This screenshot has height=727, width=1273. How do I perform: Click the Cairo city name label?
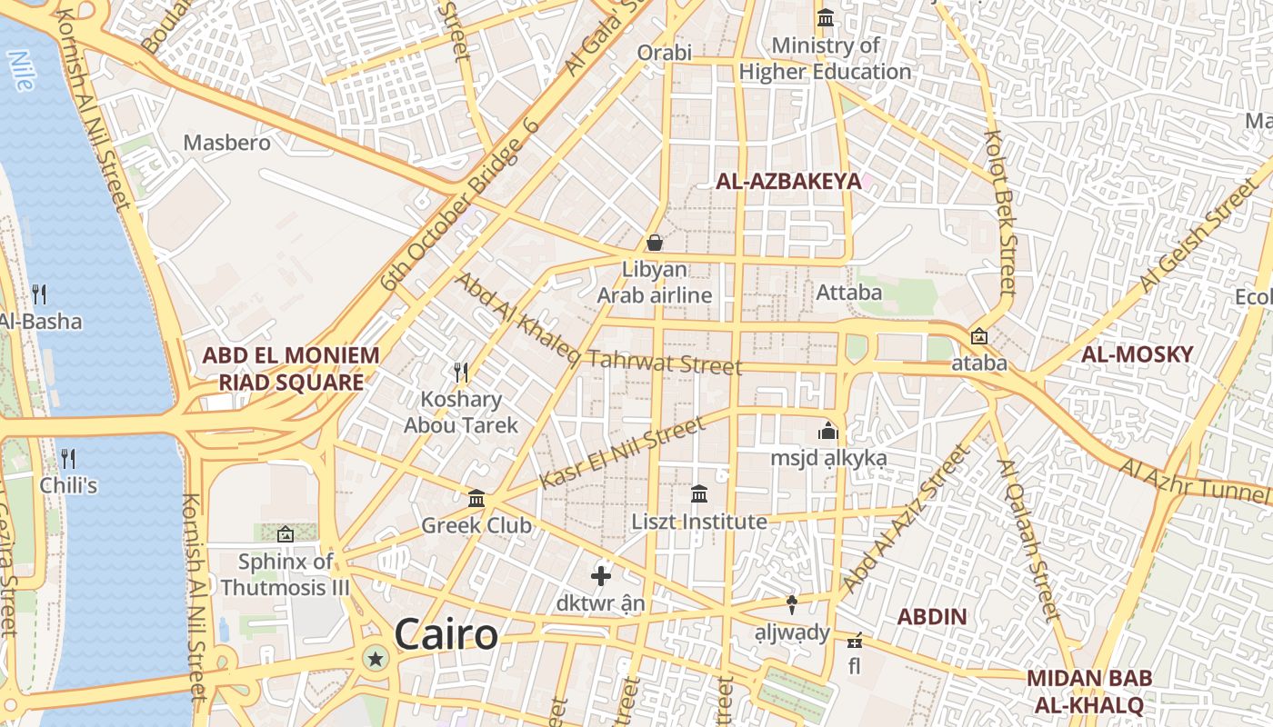tap(446, 634)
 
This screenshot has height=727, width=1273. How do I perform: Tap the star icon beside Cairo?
tap(375, 659)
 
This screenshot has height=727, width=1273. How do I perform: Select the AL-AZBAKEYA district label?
tap(788, 181)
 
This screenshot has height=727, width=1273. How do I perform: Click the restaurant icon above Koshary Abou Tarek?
tap(461, 372)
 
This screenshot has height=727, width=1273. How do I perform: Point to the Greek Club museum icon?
tap(476, 498)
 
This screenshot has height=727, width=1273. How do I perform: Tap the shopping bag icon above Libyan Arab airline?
tap(654, 243)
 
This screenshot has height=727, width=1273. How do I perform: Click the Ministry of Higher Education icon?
tap(826, 17)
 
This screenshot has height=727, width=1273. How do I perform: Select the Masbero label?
tap(227, 143)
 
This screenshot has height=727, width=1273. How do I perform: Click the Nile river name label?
tap(20, 70)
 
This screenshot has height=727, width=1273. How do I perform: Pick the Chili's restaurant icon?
tap(67, 457)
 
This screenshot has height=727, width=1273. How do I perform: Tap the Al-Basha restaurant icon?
tap(39, 294)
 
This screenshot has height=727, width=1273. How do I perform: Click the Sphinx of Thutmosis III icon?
tap(285, 534)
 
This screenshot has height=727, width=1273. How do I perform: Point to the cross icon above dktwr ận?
tap(600, 575)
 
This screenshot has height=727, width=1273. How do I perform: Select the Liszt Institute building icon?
tap(699, 494)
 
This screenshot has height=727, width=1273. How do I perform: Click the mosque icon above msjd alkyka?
tap(827, 430)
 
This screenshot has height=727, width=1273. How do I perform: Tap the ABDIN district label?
tap(932, 617)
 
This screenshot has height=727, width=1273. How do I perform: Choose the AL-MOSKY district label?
tap(1137, 354)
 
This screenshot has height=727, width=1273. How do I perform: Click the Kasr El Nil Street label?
tap(622, 453)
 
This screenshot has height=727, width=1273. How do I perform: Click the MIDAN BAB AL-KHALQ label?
tap(1089, 692)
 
